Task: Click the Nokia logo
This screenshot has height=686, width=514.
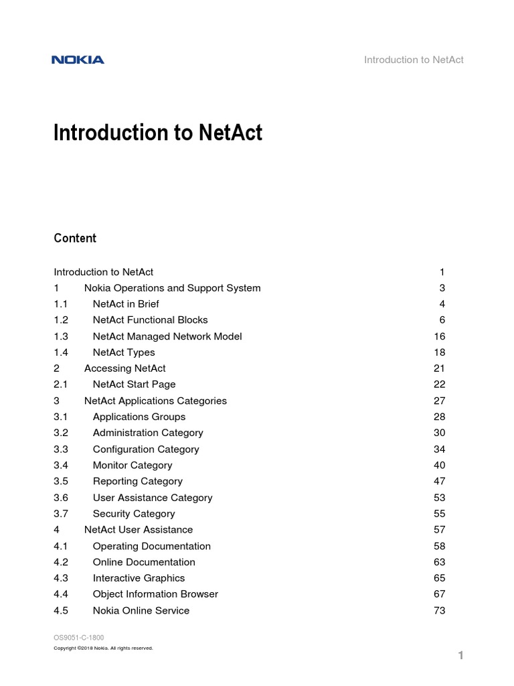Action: (78, 60)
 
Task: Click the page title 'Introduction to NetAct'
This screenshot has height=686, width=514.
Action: (158, 133)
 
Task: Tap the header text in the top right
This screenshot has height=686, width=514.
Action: (414, 60)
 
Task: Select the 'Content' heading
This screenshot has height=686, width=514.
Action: (75, 238)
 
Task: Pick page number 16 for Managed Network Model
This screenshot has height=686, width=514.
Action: (439, 336)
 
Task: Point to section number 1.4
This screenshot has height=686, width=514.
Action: (61, 352)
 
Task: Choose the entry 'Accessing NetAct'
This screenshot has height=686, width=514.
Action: (124, 368)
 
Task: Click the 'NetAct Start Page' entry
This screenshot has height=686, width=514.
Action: (134, 385)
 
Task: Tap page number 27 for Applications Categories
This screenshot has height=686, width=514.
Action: (439, 401)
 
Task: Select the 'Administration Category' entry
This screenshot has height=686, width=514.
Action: (148, 433)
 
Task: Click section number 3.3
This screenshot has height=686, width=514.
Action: (61, 450)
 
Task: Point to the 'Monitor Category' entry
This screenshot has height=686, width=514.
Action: (133, 466)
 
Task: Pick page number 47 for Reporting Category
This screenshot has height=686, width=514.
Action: (439, 481)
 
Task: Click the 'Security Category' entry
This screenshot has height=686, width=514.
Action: (134, 514)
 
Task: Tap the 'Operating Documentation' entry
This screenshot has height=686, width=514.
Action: (151, 546)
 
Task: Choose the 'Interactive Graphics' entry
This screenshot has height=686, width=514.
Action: (139, 578)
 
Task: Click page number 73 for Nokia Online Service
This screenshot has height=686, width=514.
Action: (439, 610)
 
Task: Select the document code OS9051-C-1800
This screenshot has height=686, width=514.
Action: (78, 637)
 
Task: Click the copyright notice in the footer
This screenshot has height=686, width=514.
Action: (103, 648)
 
